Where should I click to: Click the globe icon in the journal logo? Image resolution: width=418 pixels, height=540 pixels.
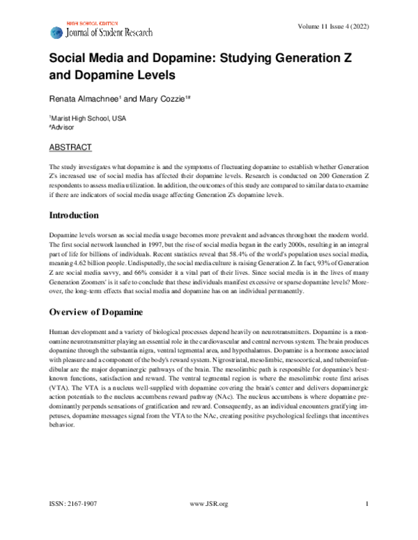[56, 32]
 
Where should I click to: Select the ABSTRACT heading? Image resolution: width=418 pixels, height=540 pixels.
[71, 148]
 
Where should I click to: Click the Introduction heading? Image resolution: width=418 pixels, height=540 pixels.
[79, 215]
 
